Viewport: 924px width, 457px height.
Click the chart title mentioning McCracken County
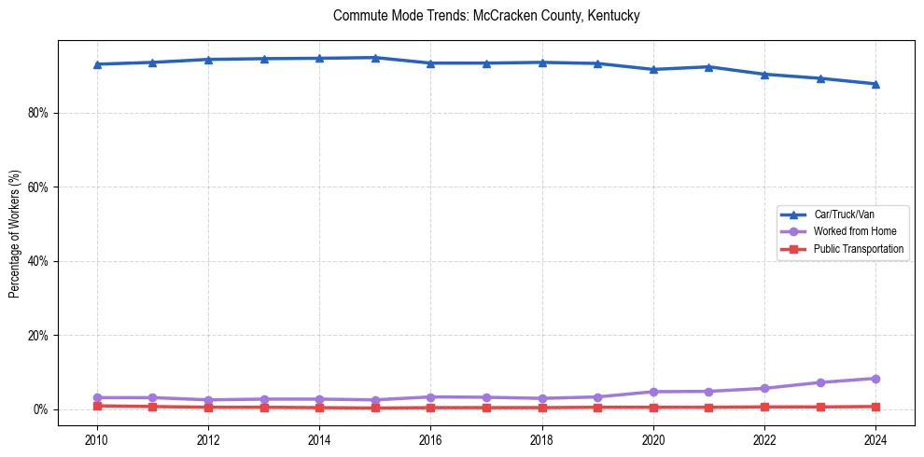tap(486, 16)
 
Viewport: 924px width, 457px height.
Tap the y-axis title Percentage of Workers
tap(14, 233)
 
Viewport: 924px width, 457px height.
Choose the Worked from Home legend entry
tap(852, 231)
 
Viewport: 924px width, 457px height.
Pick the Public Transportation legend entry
tap(858, 249)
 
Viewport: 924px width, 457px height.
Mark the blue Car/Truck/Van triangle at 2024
tap(875, 84)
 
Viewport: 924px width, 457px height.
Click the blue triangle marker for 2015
tap(375, 58)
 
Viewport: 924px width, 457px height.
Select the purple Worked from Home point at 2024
tap(875, 379)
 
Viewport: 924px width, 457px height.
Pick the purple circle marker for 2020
tap(653, 392)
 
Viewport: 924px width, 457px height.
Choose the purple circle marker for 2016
tap(430, 397)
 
